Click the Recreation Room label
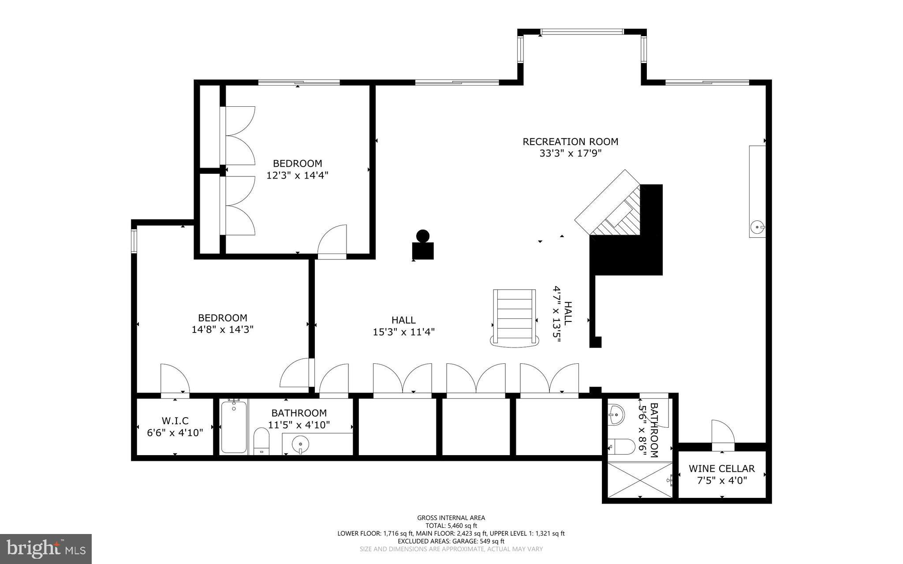pos(570,142)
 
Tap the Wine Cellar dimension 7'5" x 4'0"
pos(722,480)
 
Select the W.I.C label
pos(175,421)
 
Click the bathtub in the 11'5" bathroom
pos(234,427)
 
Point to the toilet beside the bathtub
pos(261,441)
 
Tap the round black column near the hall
pos(423,236)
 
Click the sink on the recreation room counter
pos(757,228)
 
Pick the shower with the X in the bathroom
pos(640,480)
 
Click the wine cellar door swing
pos(722,433)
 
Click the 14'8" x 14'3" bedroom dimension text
pos(222,329)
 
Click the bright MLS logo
pos(46,549)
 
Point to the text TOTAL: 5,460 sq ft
pos(451,526)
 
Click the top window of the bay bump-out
pos(582,32)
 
